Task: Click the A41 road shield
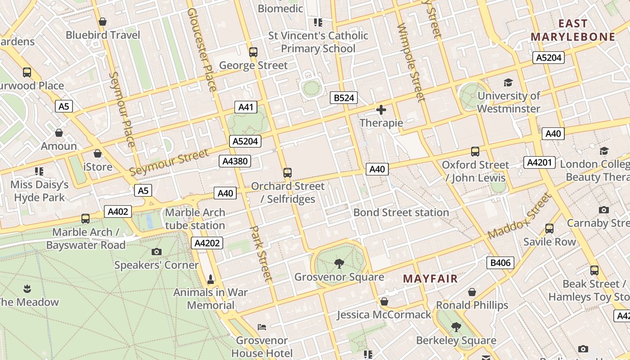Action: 246,107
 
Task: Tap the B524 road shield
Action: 343,98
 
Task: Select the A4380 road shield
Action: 234,161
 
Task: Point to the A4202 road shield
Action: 207,243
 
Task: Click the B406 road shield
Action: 500,263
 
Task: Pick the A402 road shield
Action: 118,211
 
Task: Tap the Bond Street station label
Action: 401,212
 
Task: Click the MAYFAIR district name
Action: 430,279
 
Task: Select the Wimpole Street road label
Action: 411,63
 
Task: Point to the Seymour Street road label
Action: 169,163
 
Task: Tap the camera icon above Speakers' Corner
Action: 157,252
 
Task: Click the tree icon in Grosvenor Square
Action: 339,264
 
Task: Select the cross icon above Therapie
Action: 381,109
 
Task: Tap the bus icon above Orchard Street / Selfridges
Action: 288,172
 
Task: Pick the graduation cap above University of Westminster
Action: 508,83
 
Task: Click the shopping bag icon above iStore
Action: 98,153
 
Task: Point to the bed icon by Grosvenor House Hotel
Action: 261,327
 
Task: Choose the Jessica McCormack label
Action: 384,315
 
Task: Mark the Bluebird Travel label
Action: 103,35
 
